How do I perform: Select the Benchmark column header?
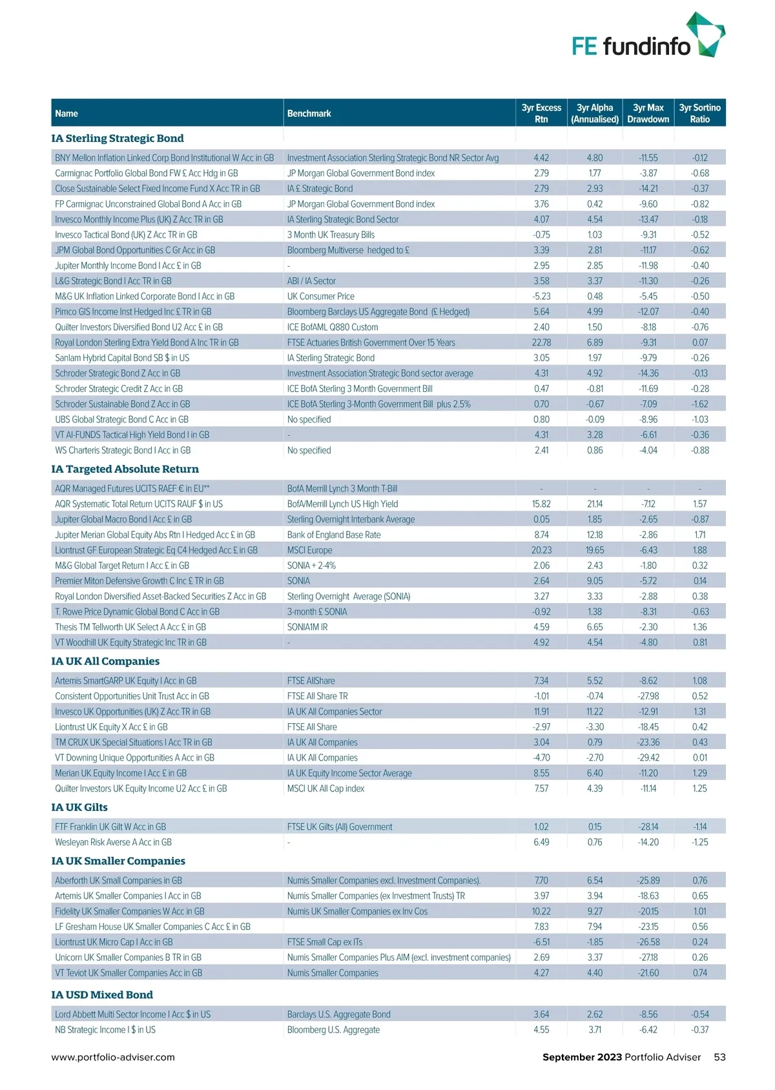309,114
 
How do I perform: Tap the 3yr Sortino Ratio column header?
699,113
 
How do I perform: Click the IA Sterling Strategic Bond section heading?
118,138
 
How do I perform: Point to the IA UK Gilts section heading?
79,807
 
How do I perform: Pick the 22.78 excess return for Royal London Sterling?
541,343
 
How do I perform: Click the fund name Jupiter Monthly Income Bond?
128,265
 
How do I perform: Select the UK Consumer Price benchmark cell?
321,296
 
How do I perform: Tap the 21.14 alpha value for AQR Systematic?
595,504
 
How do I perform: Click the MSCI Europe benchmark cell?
309,550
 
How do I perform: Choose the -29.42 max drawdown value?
648,758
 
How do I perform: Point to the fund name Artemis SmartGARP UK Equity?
125,681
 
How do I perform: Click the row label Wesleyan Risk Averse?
113,842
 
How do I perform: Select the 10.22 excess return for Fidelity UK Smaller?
541,911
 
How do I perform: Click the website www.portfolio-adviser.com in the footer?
113,1057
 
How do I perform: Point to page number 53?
719,1057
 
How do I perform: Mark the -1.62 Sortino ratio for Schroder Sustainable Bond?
699,404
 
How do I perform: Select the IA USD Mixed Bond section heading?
102,995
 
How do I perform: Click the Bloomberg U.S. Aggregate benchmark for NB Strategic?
333,1030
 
